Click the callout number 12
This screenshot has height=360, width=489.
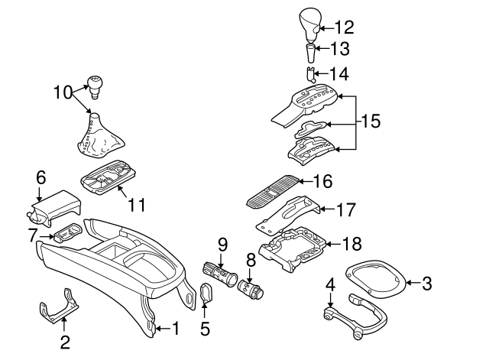(x=345, y=28)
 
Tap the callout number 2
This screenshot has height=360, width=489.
(x=65, y=341)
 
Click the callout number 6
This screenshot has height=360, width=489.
(x=40, y=177)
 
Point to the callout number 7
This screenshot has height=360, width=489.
(x=32, y=235)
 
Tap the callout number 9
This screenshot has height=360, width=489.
(x=222, y=244)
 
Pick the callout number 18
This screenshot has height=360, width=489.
(x=351, y=245)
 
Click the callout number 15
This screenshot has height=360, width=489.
(x=370, y=122)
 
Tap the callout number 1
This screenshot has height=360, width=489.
(x=175, y=329)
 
